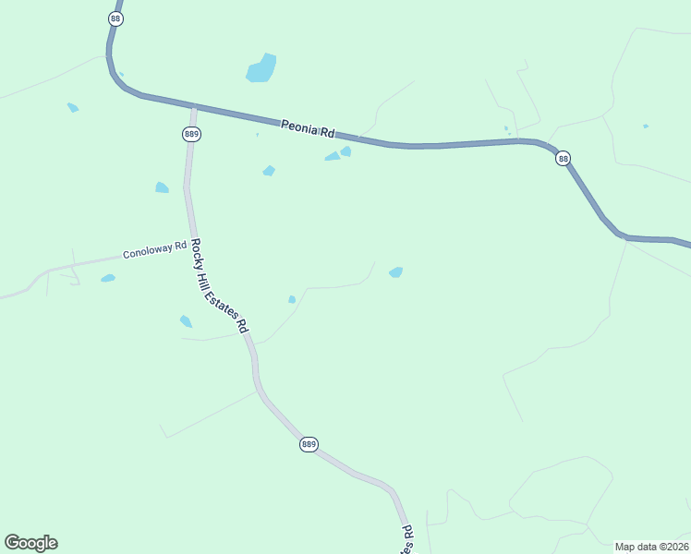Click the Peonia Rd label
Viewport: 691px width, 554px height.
[308, 128]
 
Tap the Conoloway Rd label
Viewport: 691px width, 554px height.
[155, 250]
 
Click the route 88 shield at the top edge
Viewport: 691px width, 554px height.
[115, 18]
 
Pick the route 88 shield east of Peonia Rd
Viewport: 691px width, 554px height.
[563, 159]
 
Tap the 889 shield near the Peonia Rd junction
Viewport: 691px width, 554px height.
[191, 134]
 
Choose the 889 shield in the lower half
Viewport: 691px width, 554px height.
[309, 444]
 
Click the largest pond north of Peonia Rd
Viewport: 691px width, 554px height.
[261, 68]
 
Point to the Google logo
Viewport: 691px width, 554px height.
[30, 543]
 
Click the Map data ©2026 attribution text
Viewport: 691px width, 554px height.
[651, 547]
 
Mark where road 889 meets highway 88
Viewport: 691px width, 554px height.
[194, 107]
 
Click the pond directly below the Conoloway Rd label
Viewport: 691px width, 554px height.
[108, 278]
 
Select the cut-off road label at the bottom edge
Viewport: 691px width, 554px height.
[407, 540]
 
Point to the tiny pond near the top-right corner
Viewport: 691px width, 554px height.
[646, 126]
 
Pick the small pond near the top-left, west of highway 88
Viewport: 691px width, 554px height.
[72, 107]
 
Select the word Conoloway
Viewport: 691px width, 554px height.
[149, 251]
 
